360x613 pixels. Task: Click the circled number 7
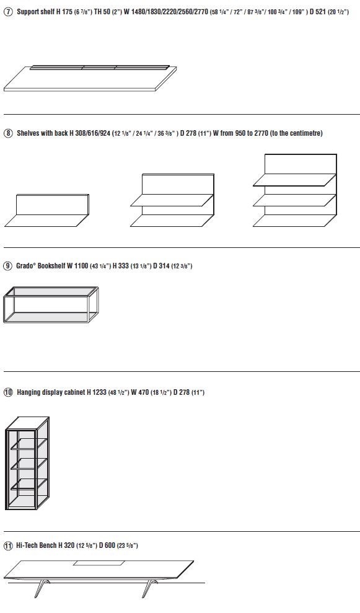click(x=8, y=12)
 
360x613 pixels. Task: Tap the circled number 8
click(x=8, y=133)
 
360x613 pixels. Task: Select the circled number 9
click(x=8, y=266)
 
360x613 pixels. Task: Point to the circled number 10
click(x=8, y=392)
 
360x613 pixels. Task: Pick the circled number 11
click(x=8, y=545)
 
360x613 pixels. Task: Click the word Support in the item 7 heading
click(x=28, y=12)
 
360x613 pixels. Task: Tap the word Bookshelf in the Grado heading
click(x=51, y=266)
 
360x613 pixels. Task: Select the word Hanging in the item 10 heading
click(x=29, y=392)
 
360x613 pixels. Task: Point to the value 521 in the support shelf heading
click(x=320, y=12)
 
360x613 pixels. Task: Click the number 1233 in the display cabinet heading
click(x=99, y=392)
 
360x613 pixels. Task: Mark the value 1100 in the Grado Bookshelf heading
click(x=81, y=266)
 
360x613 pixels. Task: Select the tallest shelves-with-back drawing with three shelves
click(x=295, y=190)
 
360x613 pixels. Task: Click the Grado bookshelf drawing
click(x=51, y=304)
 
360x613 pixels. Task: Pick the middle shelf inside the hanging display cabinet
click(x=29, y=464)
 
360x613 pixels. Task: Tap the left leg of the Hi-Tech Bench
click(x=40, y=588)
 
